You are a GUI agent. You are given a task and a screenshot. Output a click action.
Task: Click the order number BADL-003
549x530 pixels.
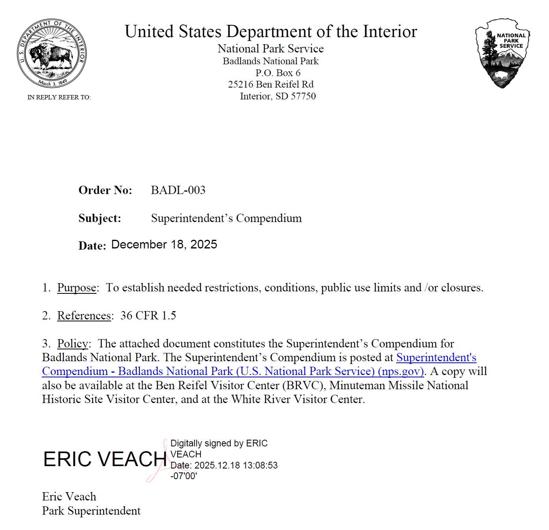point(178,190)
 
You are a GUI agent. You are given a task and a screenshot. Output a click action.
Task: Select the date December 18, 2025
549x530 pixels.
point(164,244)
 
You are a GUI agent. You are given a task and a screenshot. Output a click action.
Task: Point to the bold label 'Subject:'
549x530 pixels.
point(100,218)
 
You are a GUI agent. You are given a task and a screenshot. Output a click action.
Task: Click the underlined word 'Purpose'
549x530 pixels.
point(77,288)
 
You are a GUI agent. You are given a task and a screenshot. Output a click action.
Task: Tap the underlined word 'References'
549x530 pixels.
point(84,315)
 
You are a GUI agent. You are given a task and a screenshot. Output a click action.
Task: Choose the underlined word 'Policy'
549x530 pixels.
point(72,343)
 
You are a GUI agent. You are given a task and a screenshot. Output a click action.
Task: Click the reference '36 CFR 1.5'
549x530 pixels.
point(148,315)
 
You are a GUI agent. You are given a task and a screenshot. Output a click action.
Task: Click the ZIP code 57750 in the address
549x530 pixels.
point(303,96)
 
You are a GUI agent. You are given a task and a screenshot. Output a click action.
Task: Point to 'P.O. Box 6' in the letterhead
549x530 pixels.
point(278,73)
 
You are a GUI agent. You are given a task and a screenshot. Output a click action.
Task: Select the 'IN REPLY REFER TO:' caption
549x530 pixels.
point(59,97)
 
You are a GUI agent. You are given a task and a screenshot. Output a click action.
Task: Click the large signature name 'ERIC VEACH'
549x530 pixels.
point(105,459)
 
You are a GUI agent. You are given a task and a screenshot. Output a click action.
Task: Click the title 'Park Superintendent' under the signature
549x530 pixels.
point(91,511)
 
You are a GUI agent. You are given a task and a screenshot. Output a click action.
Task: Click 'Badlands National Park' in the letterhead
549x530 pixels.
point(271,61)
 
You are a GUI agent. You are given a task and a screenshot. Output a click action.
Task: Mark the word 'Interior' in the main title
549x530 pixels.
point(389,32)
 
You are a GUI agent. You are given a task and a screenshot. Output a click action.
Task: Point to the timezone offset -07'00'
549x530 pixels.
point(184,476)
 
